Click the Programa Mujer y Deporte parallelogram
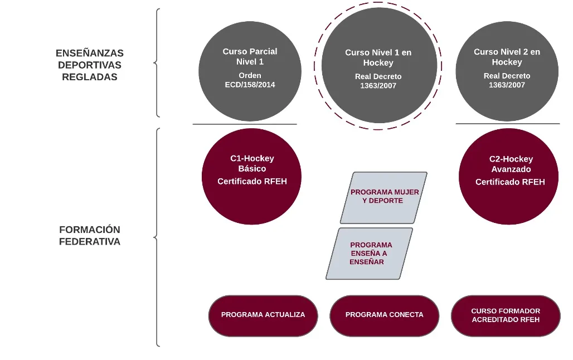coord(384,197)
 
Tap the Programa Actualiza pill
coord(263,315)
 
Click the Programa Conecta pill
coord(384,315)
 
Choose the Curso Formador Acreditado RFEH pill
coord(506,315)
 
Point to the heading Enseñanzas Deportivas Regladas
coord(90,65)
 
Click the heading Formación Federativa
coord(90,236)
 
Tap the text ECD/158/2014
coord(250,85)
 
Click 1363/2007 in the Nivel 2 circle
coord(507,85)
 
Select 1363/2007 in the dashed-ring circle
coord(378,86)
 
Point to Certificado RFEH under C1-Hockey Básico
coord(252,182)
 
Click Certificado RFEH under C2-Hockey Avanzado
coord(509,182)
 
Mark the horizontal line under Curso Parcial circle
coord(245,124)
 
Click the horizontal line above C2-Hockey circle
coord(507,124)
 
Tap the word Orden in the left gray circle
coord(250,75)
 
